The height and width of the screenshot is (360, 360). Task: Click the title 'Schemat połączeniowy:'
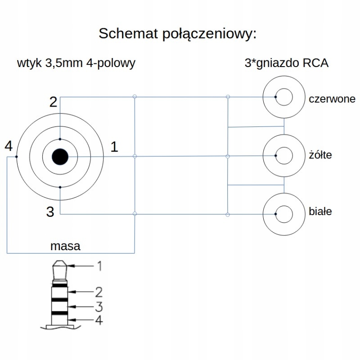[177, 34]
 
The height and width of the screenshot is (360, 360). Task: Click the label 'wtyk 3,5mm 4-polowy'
[76, 63]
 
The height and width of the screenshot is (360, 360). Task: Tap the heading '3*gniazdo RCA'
[286, 63]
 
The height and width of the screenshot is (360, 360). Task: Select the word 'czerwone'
[332, 99]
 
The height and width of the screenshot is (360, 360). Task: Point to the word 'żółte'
[320, 156]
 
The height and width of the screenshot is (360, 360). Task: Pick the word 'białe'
[320, 211]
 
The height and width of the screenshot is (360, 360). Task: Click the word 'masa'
[65, 246]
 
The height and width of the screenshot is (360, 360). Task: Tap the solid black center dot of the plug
[60, 157]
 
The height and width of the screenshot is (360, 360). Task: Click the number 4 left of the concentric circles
[8, 146]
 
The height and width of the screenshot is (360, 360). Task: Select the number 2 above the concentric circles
[53, 102]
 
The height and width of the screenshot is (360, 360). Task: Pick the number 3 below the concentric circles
[50, 212]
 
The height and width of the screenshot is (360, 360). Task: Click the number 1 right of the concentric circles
[114, 147]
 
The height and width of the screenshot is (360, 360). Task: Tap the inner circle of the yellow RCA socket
[284, 156]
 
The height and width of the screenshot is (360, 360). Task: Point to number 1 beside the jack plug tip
[99, 266]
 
